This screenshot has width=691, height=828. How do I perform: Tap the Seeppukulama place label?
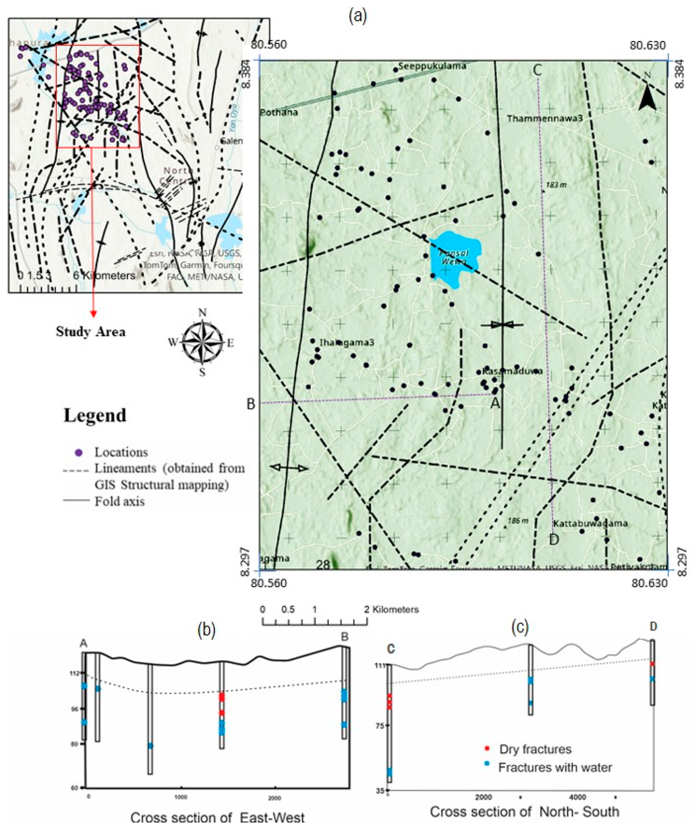click(x=432, y=66)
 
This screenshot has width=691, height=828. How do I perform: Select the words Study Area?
click(x=91, y=332)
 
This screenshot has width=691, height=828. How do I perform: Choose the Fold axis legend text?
click(x=120, y=502)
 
